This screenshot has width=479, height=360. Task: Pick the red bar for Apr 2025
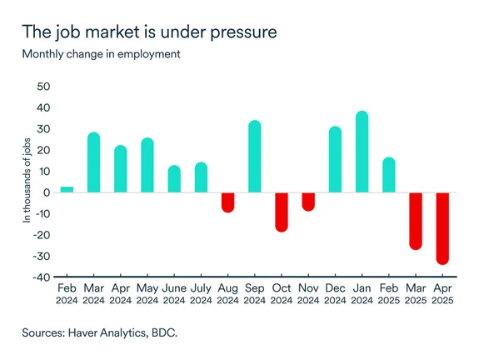coord(443,228)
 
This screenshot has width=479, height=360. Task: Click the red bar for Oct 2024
coord(282,212)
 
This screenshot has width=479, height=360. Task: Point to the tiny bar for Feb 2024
coord(67,189)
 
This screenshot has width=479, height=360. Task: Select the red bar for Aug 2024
coord(227,202)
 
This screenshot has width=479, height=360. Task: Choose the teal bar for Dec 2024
coord(335,160)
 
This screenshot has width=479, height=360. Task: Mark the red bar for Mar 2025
coord(416,221)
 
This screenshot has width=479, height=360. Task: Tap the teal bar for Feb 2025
coord(389,175)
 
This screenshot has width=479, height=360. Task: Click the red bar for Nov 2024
coord(308,202)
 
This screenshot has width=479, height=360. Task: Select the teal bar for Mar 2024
coord(94,162)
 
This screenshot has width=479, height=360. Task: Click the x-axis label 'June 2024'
coord(174,294)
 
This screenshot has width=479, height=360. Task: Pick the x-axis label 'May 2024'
coord(147,294)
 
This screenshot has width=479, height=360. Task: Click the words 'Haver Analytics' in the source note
coord(116,332)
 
